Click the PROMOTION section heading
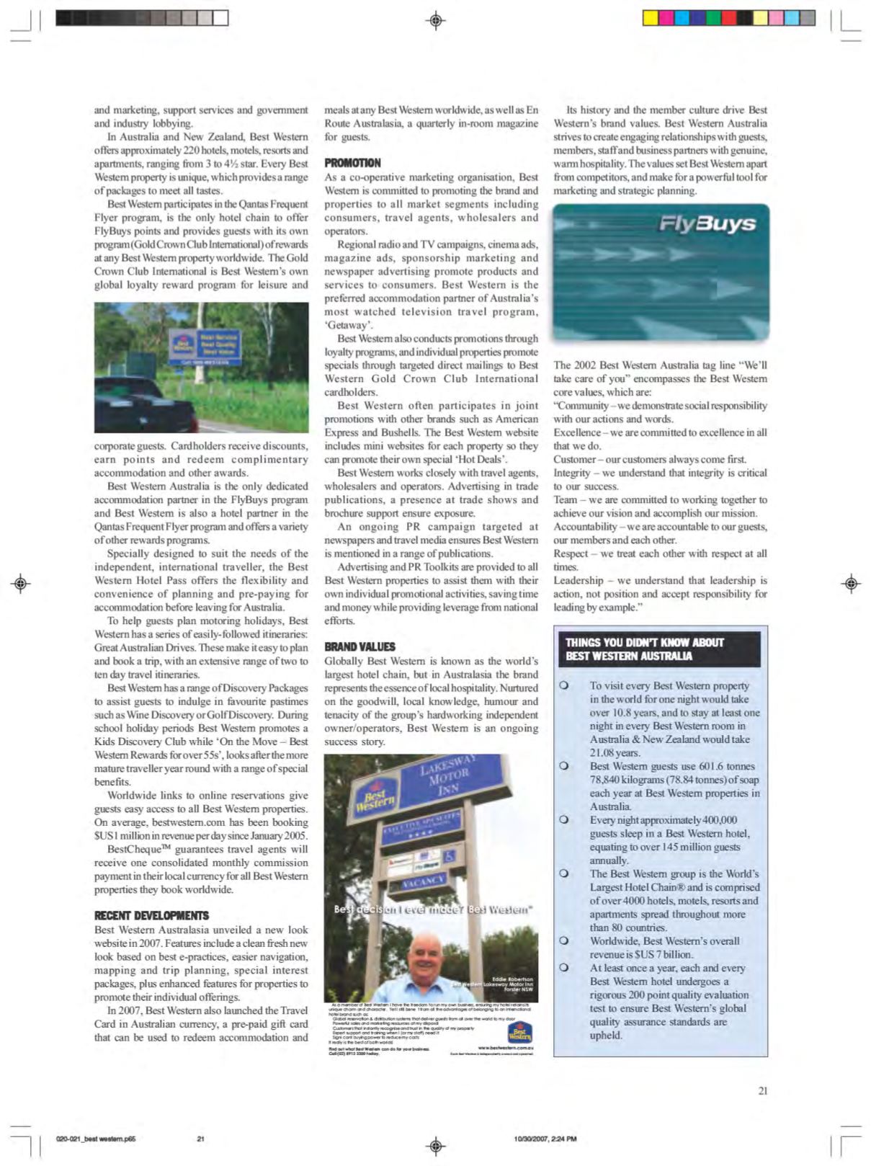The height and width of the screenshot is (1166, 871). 352,164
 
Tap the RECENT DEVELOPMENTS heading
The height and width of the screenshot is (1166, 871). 151,916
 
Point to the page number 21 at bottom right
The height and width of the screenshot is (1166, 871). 762,1091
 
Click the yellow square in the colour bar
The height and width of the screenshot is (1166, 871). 650,18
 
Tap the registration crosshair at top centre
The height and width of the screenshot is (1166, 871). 436,21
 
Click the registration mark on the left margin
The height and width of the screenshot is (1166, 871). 21,583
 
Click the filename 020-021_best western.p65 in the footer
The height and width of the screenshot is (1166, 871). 96,1139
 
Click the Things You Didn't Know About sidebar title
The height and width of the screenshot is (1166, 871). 659,649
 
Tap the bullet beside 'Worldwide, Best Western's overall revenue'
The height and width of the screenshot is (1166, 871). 564,941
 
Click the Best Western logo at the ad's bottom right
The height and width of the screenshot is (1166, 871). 519,1033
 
